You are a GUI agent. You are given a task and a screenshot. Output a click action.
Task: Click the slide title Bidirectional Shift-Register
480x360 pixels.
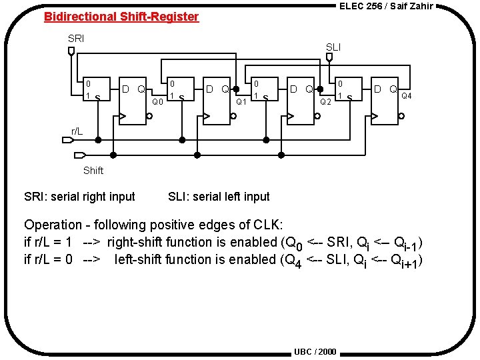[x=121, y=17]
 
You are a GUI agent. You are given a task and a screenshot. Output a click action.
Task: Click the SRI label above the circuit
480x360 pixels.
[x=76, y=39]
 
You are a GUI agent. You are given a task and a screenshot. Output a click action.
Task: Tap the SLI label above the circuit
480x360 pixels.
[x=333, y=47]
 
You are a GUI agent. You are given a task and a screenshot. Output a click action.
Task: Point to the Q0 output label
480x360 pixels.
[x=157, y=102]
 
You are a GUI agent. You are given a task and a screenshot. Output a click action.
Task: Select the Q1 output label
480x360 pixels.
[x=242, y=102]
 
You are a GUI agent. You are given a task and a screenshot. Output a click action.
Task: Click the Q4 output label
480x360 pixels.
[x=406, y=95]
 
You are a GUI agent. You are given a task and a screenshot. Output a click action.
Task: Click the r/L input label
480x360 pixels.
[x=77, y=131]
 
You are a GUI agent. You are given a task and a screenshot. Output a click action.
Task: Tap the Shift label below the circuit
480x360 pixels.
[x=93, y=171]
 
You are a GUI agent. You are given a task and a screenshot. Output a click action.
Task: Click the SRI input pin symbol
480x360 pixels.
[x=71, y=51]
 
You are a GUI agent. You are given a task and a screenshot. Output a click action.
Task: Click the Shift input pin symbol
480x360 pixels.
[x=75, y=155]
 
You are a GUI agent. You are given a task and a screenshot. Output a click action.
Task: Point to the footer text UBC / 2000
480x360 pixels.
[x=315, y=351]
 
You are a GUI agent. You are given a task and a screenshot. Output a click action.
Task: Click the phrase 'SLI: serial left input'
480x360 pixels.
[x=219, y=197]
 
